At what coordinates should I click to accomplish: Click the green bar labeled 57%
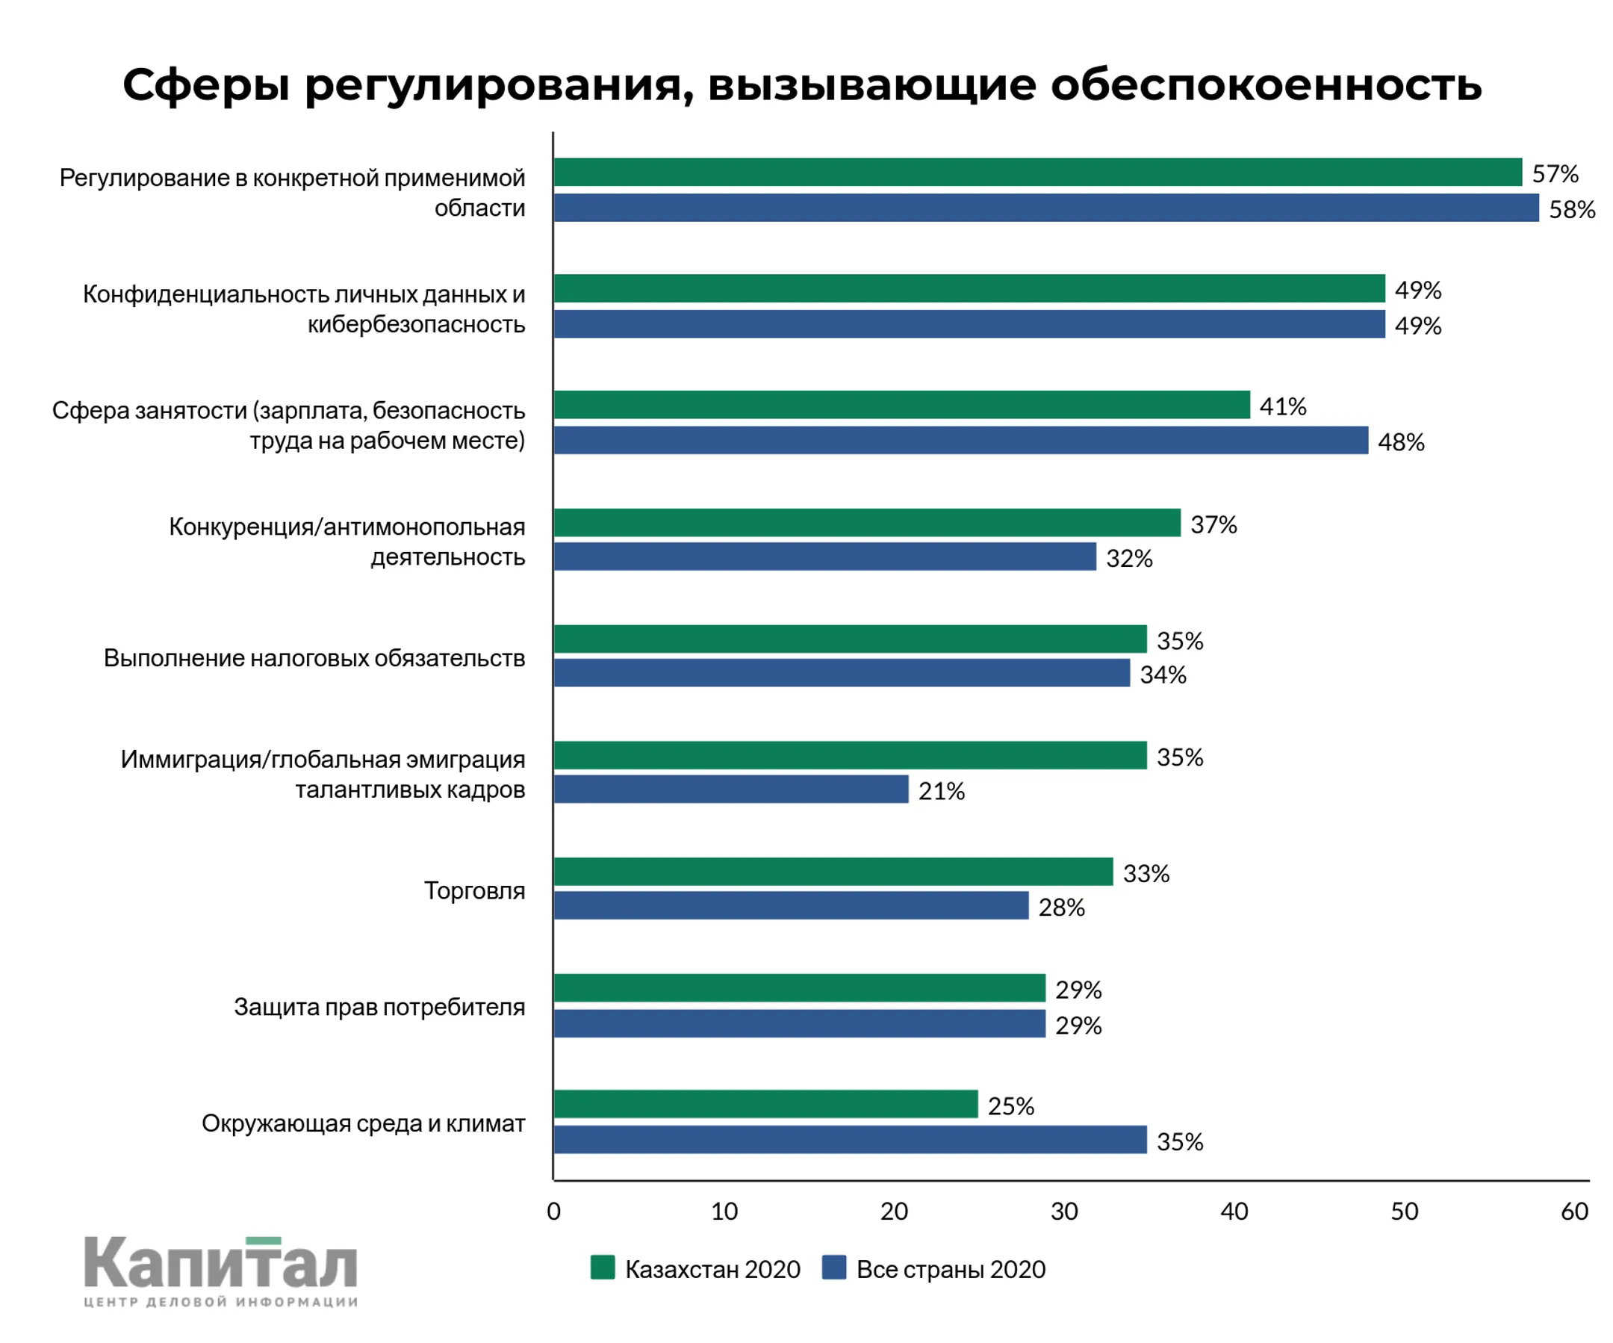[1037, 172]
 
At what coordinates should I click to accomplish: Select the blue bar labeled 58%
[1045, 208]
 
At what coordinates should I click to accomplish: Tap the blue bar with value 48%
[960, 440]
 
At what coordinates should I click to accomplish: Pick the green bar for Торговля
[833, 871]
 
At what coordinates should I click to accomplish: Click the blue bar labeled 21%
[730, 789]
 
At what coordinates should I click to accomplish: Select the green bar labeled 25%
[765, 1104]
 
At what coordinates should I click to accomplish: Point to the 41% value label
[1283, 406]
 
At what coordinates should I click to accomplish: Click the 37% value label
[1213, 525]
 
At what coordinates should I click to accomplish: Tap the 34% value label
[1163, 674]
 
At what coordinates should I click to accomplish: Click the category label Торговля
[474, 890]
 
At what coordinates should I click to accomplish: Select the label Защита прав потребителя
[379, 1006]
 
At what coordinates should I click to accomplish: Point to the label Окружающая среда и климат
[364, 1123]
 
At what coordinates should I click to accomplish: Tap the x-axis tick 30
[1064, 1212]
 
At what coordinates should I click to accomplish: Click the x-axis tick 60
[1574, 1212]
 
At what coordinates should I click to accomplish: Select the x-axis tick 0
[553, 1212]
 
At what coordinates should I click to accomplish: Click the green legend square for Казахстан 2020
[602, 1268]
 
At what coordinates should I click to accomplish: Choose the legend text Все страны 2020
[951, 1269]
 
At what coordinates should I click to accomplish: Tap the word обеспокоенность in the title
[1266, 84]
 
